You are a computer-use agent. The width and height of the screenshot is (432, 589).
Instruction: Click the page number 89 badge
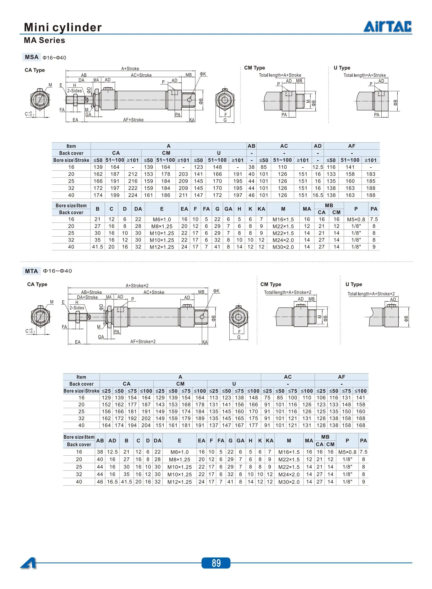pos(216,563)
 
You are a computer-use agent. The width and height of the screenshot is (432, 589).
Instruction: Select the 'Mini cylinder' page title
pos(63,27)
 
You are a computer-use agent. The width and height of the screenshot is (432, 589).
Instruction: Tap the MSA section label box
pos(31,57)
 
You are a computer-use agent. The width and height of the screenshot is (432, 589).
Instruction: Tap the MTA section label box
pos(31,271)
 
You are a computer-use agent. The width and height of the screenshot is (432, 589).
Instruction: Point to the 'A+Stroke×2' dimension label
pos(137,285)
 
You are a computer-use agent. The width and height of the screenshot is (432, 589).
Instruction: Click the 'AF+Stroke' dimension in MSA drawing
pos(133,120)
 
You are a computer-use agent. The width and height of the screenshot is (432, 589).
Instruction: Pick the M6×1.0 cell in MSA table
pos(162,219)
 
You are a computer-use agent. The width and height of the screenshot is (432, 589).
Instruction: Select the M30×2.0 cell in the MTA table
pos(289,482)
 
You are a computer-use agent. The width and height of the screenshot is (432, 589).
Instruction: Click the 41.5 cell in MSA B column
pos(97,247)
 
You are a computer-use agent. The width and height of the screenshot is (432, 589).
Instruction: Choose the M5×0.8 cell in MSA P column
pos(356,219)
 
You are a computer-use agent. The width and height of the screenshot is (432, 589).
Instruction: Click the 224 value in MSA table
pos(133,195)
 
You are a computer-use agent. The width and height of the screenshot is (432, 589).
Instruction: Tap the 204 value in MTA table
pos(146,425)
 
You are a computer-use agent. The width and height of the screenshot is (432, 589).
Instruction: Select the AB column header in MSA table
pos(251,146)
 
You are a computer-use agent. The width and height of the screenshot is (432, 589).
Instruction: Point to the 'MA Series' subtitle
pos(44,40)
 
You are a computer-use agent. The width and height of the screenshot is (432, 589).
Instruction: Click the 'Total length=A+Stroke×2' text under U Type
pos(371,294)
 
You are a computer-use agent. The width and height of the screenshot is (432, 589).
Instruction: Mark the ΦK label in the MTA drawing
pos(216,291)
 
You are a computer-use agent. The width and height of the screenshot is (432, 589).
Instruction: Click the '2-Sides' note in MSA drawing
pos(75,91)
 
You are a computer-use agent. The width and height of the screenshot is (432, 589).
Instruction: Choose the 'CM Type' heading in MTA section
pos(271,284)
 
